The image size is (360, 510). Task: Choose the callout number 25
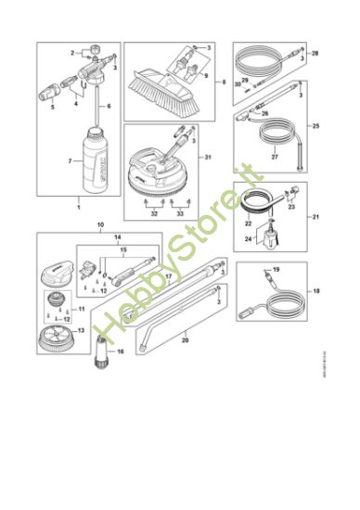click(315, 125)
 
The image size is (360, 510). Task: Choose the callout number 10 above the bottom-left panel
click(101, 225)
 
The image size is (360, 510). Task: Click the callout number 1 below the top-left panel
click(79, 200)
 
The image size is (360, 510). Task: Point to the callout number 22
click(249, 223)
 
